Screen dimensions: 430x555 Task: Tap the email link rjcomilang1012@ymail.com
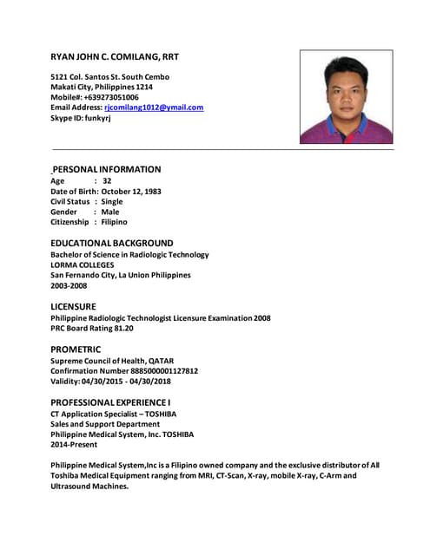click(160, 108)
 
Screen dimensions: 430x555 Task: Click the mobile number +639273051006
click(111, 97)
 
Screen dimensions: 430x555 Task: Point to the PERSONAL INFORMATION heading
click(106, 169)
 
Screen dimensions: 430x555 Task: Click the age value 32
click(107, 180)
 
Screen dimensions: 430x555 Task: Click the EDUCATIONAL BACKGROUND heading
click(111, 243)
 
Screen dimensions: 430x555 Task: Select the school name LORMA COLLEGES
click(88, 264)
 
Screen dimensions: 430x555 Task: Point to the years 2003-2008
click(69, 285)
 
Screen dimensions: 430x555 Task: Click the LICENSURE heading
click(73, 306)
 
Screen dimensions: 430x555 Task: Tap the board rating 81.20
click(119, 329)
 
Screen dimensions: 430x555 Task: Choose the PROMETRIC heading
click(76, 349)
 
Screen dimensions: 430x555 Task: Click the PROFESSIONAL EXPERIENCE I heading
click(110, 402)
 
